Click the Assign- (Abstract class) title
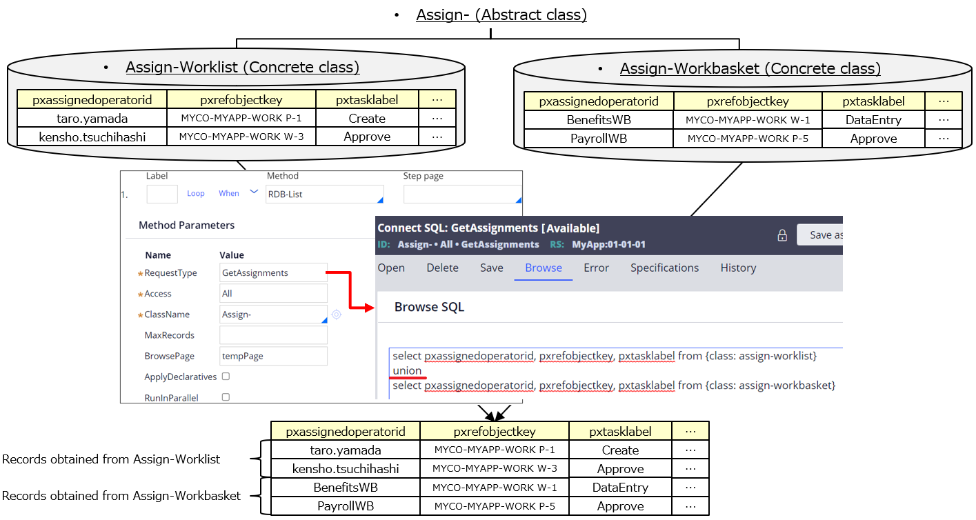click(x=501, y=14)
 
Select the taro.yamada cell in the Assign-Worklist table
click(x=92, y=119)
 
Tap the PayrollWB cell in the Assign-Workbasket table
click(x=599, y=139)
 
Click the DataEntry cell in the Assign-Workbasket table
click(x=873, y=120)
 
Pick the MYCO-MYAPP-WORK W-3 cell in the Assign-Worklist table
click(x=241, y=137)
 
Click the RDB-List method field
click(x=324, y=194)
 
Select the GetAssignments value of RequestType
click(x=273, y=272)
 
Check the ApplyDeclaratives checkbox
click(x=226, y=377)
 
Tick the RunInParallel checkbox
click(x=226, y=397)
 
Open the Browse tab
click(x=544, y=268)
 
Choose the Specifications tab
click(x=664, y=268)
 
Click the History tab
click(x=738, y=268)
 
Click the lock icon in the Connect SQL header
click(x=783, y=235)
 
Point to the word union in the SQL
click(x=407, y=370)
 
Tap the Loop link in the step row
click(x=196, y=193)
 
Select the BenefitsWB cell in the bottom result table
click(x=346, y=488)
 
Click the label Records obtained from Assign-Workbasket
click(x=121, y=496)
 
